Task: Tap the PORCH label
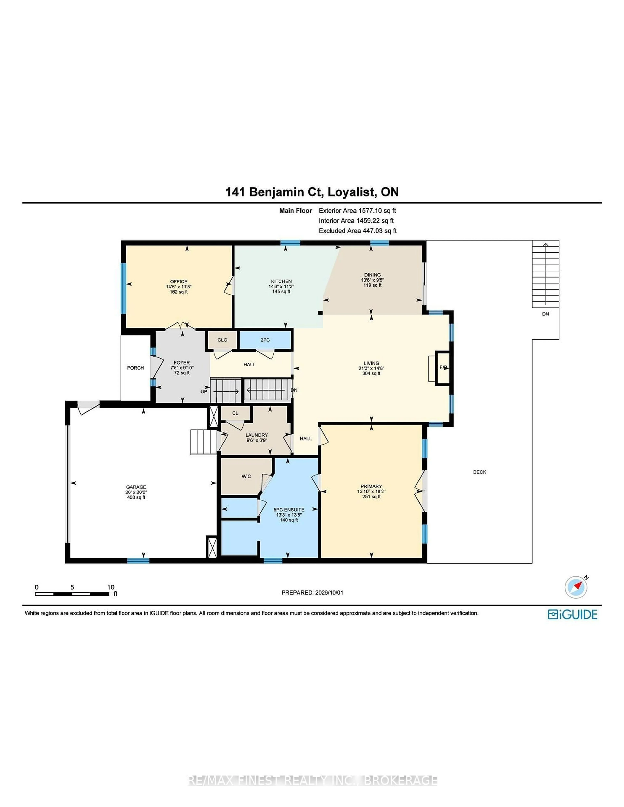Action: pyautogui.click(x=136, y=368)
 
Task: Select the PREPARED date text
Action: pyautogui.click(x=312, y=592)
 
